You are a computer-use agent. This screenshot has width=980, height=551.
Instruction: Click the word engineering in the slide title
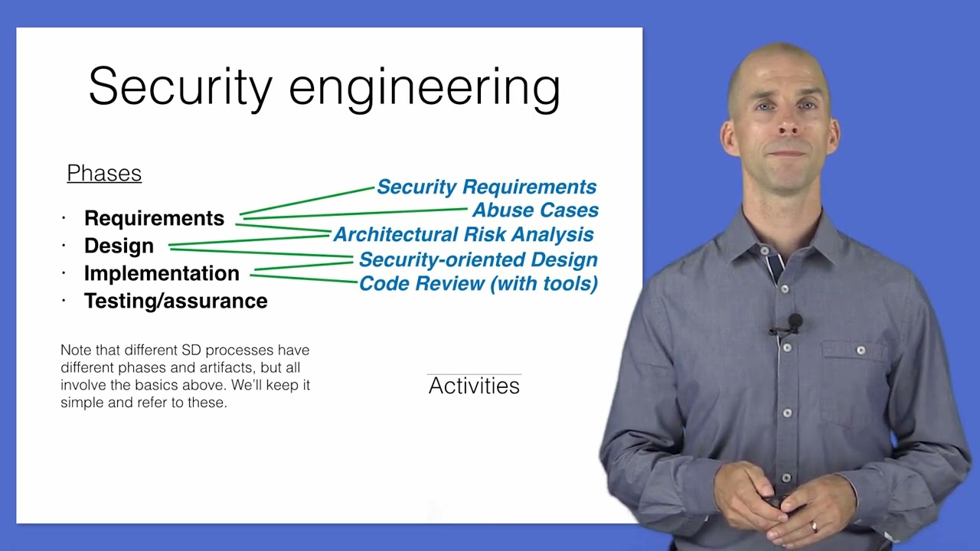[424, 89]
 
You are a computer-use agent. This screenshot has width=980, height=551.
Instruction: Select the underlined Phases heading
[104, 174]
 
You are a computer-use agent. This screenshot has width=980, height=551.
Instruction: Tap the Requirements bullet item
[154, 219]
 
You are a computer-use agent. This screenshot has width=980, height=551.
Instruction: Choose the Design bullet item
[119, 246]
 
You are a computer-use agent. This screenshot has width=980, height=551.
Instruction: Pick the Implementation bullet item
[162, 274]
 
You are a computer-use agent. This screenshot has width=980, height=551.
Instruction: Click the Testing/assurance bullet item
[175, 302]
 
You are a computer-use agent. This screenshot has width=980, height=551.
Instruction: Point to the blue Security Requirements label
[486, 187]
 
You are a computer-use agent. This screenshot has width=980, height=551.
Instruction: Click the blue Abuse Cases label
[535, 210]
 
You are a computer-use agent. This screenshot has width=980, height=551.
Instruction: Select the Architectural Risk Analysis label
[463, 235]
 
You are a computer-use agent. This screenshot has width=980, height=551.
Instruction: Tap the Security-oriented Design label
[478, 260]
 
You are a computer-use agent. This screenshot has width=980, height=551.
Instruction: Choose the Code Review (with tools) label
[478, 284]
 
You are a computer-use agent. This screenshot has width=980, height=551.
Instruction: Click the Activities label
[474, 386]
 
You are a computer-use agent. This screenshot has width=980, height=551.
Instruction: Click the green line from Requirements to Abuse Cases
[352, 213]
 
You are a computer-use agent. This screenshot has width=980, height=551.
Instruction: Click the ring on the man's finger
[814, 527]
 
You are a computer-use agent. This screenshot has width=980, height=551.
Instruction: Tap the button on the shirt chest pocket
[861, 350]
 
